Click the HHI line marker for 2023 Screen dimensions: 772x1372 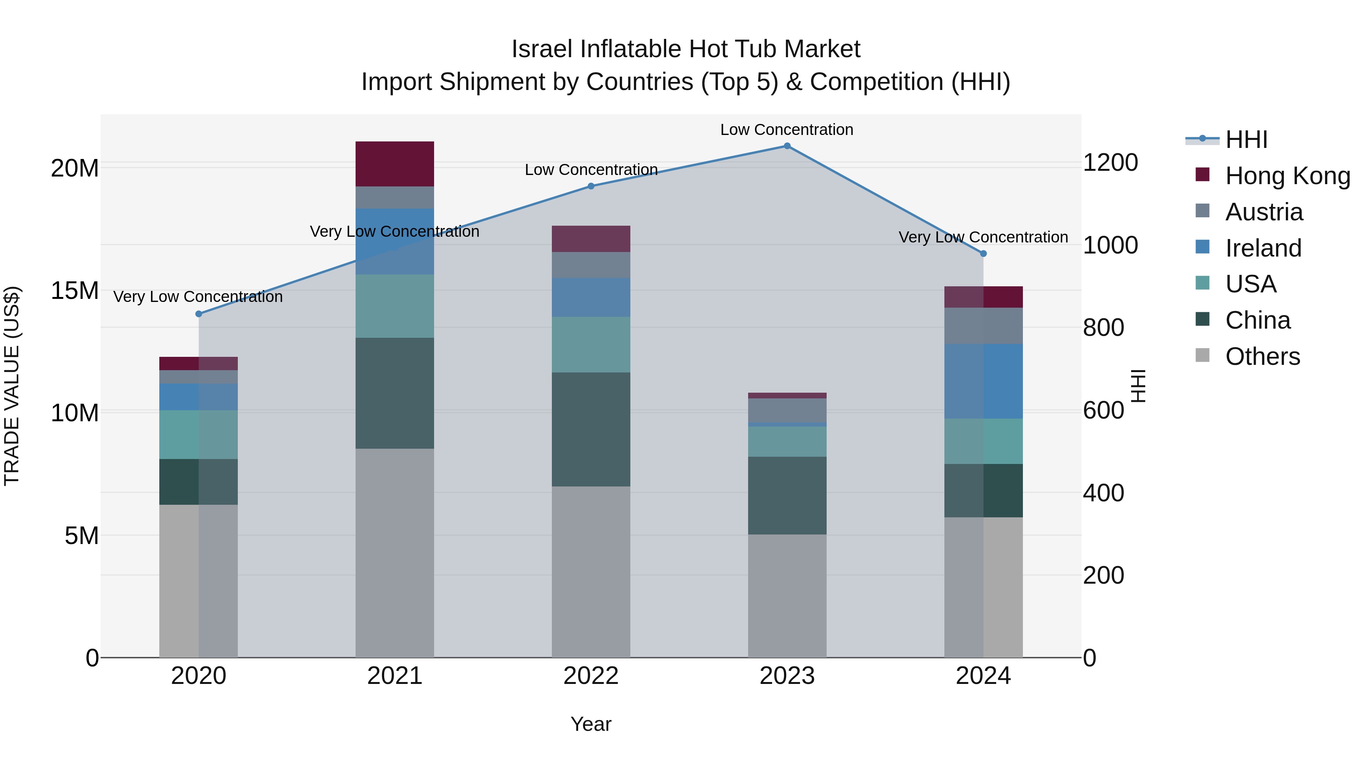pyautogui.click(x=787, y=146)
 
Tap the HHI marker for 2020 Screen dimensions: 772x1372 pyautogui.click(x=199, y=314)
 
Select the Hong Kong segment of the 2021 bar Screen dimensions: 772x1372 pyautogui.click(x=395, y=164)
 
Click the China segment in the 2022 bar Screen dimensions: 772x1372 pyautogui.click(x=591, y=429)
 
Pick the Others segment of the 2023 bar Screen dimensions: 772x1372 pyautogui.click(x=787, y=595)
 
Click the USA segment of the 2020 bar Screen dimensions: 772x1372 pyautogui.click(x=199, y=434)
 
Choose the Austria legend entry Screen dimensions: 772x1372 pyautogui.click(x=1263, y=212)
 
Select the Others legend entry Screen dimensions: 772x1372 pyautogui.click(x=1262, y=356)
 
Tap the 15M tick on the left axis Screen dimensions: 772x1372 pyautogui.click(x=75, y=291)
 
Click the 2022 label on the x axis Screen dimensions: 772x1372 pyautogui.click(x=591, y=676)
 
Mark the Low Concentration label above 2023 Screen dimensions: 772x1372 pyautogui.click(x=787, y=130)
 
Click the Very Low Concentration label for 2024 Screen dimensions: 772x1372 pyautogui.click(x=983, y=237)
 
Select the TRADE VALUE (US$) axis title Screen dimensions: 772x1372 pyautogui.click(x=12, y=386)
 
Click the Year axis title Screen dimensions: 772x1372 pyautogui.click(x=591, y=724)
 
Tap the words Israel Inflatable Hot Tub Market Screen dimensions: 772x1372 pyautogui.click(x=686, y=49)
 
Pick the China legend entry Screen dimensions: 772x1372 pyautogui.click(x=1258, y=320)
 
